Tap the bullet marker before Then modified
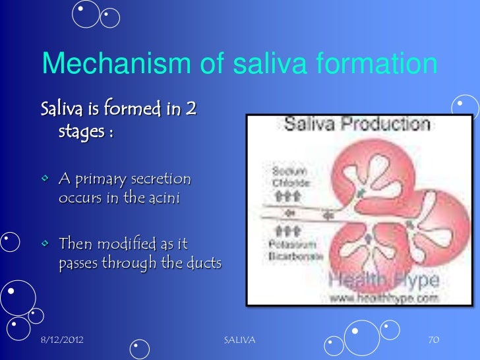click(x=45, y=245)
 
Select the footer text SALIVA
click(x=240, y=340)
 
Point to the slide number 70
click(x=433, y=340)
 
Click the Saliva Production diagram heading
click(x=357, y=124)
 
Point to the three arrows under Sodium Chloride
click(x=282, y=196)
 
